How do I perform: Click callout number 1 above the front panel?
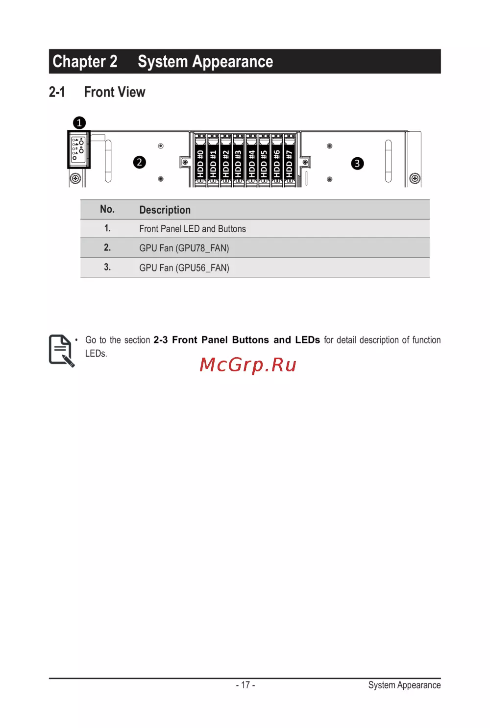(x=79, y=123)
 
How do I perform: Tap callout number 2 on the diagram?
(x=140, y=162)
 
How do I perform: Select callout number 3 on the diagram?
(x=357, y=163)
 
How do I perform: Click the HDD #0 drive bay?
(x=200, y=160)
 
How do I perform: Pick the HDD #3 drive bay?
(x=238, y=160)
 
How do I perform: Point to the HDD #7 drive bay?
(x=290, y=160)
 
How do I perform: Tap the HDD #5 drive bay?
(x=264, y=160)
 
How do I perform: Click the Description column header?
(x=165, y=210)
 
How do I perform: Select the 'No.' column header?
(x=107, y=209)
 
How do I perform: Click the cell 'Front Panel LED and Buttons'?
(x=193, y=229)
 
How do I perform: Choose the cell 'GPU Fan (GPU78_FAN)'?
(x=184, y=248)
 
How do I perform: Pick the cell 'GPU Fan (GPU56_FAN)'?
(x=184, y=268)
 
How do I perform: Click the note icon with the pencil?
(x=61, y=351)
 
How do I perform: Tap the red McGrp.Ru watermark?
(x=248, y=364)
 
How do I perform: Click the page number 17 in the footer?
(x=245, y=685)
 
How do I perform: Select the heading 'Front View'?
(x=115, y=92)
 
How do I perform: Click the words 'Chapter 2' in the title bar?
(x=85, y=61)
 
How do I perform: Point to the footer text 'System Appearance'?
(x=404, y=685)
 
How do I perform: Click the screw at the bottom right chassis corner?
(x=415, y=178)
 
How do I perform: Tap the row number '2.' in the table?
(x=107, y=248)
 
